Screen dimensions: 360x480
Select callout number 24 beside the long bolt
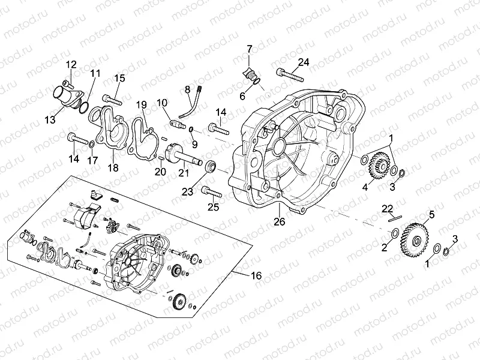point(304,62)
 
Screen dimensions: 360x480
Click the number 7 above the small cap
point(250,48)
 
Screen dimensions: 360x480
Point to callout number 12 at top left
point(71,64)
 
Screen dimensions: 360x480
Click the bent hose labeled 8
point(193,102)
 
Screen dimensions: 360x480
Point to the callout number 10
point(162,103)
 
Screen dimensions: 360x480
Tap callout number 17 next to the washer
point(92,160)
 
